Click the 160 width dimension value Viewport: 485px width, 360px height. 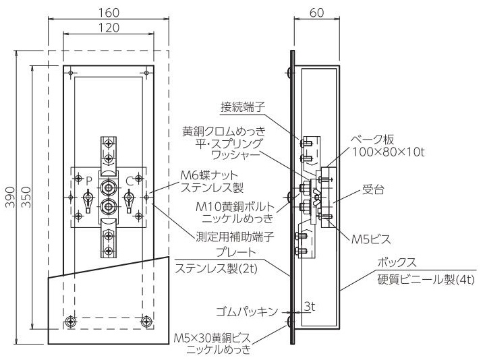click(109, 13)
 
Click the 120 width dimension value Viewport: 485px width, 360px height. click(109, 28)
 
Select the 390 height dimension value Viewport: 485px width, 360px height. click(11, 197)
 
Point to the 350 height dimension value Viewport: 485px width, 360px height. click(26, 197)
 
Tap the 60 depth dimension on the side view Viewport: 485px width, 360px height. click(317, 13)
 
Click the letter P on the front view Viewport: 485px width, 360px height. click(89, 181)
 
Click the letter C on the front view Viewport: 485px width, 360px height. click(130, 181)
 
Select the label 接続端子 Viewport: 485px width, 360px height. click(243, 107)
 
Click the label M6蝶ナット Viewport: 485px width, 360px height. click(209, 175)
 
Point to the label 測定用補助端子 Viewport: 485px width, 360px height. click(235, 237)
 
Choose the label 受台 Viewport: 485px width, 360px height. click(373, 189)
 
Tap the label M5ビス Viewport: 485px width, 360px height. click(371, 239)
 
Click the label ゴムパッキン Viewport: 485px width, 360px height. click(246, 311)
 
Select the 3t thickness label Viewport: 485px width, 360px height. click(310, 307)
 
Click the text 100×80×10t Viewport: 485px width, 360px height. click(389, 152)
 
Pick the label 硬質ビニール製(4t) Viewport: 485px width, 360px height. click(426, 280)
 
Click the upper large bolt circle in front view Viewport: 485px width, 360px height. click(108, 187)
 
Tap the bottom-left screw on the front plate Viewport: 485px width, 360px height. click(72, 322)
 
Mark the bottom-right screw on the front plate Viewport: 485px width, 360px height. click(146, 322)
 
